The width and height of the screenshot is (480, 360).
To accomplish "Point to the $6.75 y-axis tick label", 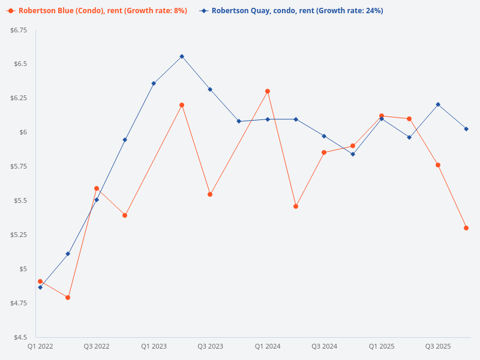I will pyautogui.click(x=19, y=31).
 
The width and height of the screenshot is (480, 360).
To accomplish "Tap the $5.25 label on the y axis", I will pyautogui.click(x=19, y=235).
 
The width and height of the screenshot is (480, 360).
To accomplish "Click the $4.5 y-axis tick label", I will pyautogui.click(x=20, y=337).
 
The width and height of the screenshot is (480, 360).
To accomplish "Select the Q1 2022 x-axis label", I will pyautogui.click(x=40, y=347).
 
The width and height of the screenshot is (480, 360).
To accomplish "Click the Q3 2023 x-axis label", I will pyautogui.click(x=210, y=347).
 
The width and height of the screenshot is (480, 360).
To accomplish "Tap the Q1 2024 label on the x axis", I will pyautogui.click(x=268, y=347).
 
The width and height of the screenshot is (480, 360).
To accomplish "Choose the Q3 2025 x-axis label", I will pyautogui.click(x=438, y=347).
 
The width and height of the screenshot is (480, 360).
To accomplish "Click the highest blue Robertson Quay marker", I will pyautogui.click(x=182, y=56).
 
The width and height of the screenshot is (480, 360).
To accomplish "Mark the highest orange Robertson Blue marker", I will pyautogui.click(x=268, y=91).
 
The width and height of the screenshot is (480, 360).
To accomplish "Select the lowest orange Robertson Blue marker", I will pyautogui.click(x=68, y=298).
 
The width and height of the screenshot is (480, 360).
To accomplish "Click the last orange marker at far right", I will pyautogui.click(x=466, y=228).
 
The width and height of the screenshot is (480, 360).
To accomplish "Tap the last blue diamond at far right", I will pyautogui.click(x=466, y=129).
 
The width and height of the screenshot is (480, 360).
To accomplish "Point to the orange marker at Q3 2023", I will pyautogui.click(x=210, y=194).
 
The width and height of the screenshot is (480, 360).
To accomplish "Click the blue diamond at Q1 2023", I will pyautogui.click(x=154, y=83).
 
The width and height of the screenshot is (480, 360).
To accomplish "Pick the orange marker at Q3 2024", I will pyautogui.click(x=324, y=152).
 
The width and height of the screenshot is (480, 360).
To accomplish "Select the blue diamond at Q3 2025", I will pyautogui.click(x=438, y=104).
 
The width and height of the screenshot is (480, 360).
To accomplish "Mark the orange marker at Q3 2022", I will pyautogui.click(x=97, y=188).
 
